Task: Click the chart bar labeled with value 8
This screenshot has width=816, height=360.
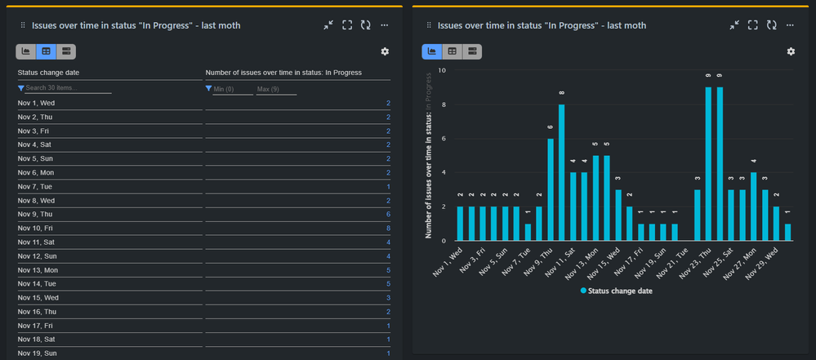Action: [x=562, y=172]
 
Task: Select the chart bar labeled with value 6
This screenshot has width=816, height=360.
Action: [x=551, y=189]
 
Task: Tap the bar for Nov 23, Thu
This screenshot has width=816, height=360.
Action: [x=708, y=164]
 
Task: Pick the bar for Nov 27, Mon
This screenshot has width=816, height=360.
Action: [x=754, y=206]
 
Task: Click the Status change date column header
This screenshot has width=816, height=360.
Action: [x=49, y=73]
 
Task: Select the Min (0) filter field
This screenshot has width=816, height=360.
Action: [x=231, y=89]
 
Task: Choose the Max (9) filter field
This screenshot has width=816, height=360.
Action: [x=275, y=89]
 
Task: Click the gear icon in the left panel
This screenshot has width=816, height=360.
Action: [x=385, y=52]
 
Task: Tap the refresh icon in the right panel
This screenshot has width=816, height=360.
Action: [x=772, y=26]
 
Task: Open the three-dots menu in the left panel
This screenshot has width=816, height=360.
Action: [x=385, y=26]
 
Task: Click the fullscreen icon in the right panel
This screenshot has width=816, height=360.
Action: [x=753, y=26]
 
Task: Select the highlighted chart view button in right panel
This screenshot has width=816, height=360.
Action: [x=432, y=51]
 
